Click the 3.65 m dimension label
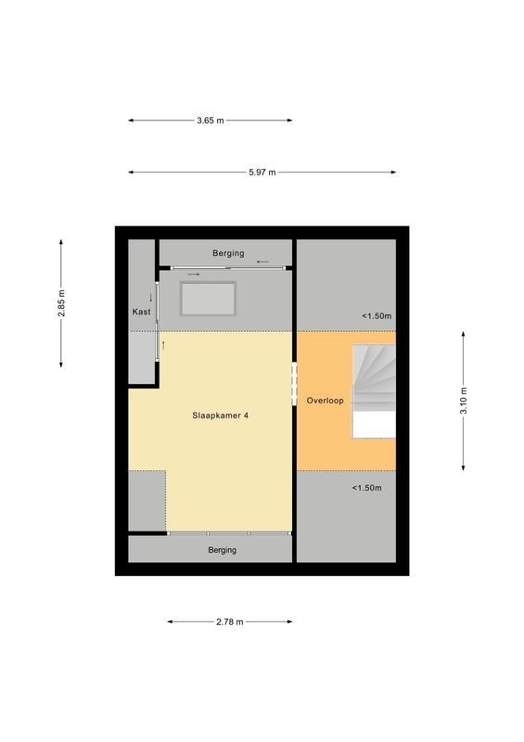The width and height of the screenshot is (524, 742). pos(211,121)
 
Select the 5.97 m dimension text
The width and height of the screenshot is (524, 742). pos(262,172)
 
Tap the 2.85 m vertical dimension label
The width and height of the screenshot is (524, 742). pos(62,303)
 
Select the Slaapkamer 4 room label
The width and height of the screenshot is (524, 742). pos(220,416)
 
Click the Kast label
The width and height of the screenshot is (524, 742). pos(141,313)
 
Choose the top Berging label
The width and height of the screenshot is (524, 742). pos(227,253)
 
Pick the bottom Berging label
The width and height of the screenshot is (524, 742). pos(223,550)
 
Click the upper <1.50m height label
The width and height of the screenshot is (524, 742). pos(376,316)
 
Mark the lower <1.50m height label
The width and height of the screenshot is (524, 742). pos(366,488)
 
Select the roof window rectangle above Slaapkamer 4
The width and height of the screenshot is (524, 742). pos(209,298)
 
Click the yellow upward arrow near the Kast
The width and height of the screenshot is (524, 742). pos(163,345)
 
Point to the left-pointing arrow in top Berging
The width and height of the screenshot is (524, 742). pos(264,262)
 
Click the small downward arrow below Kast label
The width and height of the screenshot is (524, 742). pos(150,298)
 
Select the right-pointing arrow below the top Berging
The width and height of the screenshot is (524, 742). pos(193,275)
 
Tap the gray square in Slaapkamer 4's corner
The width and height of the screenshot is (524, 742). pos(147,501)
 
